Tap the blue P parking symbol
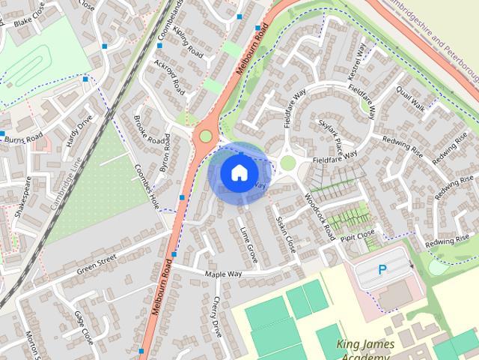pyautogui.click(x=382, y=270)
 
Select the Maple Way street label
pyautogui.click(x=225, y=274)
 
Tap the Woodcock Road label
pyautogui.click(x=320, y=215)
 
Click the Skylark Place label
pyautogui.click(x=331, y=131)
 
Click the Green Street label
pyautogui.click(x=97, y=263)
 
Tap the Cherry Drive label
pyautogui.click(x=217, y=314)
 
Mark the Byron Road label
pyautogui.click(x=165, y=152)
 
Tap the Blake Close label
pyautogui.click(x=30, y=22)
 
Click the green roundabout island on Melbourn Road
pyautogui.click(x=205, y=136)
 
